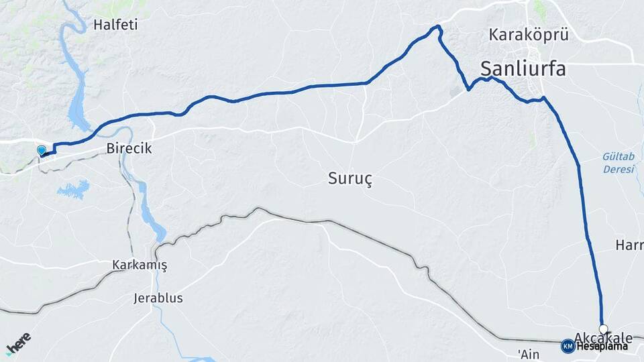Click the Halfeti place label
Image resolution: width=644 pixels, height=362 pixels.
(x=115, y=25)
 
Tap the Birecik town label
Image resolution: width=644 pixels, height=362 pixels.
(x=128, y=149)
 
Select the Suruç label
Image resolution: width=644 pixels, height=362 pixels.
(x=350, y=178)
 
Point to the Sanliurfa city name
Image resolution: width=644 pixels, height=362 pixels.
(x=523, y=68)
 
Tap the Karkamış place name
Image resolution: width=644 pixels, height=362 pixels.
(x=140, y=265)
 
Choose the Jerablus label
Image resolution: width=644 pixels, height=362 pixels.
(x=158, y=298)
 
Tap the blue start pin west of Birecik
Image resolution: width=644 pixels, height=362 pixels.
(x=42, y=151)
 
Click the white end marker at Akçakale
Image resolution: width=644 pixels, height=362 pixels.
(x=603, y=328)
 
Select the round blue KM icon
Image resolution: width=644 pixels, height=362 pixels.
(x=568, y=346)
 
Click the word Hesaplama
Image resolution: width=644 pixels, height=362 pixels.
(x=602, y=347)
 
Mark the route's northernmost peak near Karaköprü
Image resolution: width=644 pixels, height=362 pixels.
(x=438, y=26)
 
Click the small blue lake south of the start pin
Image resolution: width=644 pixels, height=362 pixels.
(x=73, y=189)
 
